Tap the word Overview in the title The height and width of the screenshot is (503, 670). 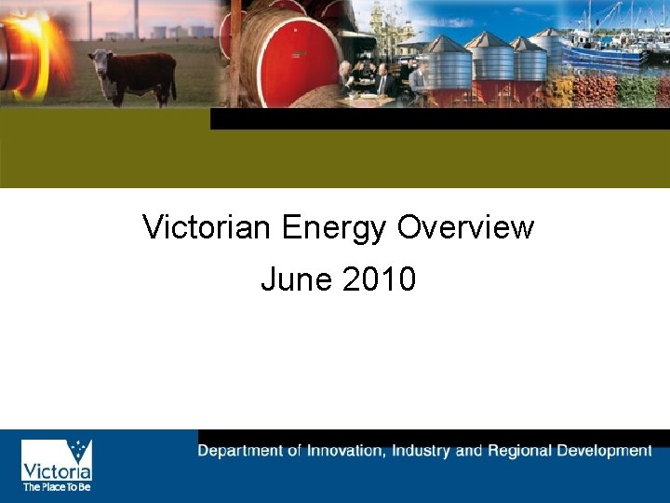point(466,227)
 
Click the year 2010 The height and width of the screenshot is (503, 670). point(379,279)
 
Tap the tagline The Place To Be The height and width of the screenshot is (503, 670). point(57,486)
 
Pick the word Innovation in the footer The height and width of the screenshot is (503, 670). point(344,451)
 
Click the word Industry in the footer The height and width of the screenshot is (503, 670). point(422,451)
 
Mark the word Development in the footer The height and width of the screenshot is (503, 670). point(605,451)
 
